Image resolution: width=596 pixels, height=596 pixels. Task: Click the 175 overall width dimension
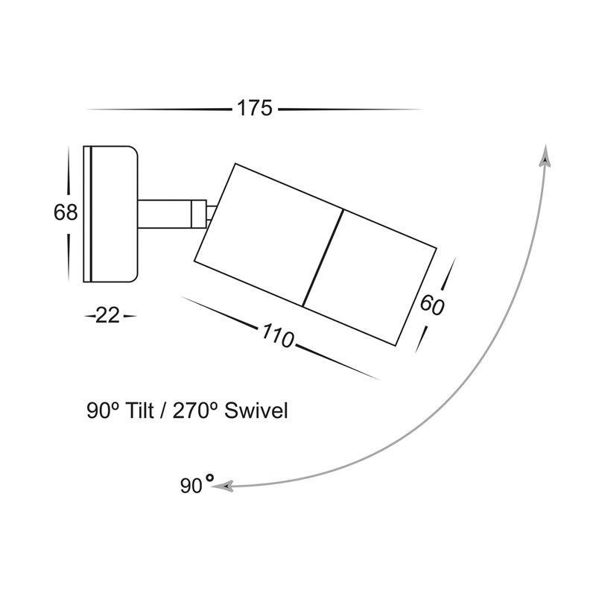coord(255,108)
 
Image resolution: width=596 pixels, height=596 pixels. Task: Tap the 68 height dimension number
coord(66,212)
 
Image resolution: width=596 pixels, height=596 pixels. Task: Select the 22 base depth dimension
coord(107,315)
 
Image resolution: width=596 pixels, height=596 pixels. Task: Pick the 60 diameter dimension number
coord(432,305)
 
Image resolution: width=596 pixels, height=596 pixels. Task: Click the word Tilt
coord(140,411)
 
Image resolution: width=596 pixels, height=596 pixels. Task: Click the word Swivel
coord(256,411)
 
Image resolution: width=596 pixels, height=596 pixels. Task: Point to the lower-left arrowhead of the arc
coord(222,486)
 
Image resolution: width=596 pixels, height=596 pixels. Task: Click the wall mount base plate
coord(110,214)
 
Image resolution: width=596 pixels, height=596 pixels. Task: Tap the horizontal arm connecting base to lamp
coord(164,214)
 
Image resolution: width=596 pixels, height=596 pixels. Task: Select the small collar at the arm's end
coord(199,214)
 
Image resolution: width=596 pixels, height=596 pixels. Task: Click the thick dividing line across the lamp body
coord(323,258)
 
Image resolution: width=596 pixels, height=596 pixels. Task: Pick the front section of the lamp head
coord(370,277)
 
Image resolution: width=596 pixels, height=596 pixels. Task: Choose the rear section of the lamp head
coord(269,235)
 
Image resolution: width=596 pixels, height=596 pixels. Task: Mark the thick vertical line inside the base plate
coord(91,214)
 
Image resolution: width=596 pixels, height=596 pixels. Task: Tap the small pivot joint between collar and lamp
coord(211,214)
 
